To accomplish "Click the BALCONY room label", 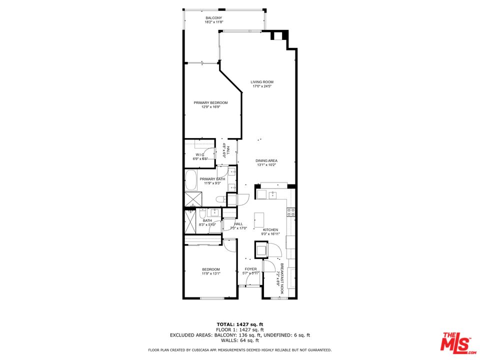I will coord(213,18).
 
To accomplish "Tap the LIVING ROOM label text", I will coord(262,82).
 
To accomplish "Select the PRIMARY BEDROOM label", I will coord(210,103).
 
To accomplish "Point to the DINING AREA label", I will coord(266,160).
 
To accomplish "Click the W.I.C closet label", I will coord(200,154).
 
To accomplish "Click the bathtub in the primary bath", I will coord(191,180).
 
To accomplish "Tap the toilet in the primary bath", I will coord(218,199).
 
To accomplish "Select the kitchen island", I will coord(258,219).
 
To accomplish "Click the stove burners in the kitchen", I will coord(290,212).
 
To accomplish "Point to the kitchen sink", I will coord(273,194).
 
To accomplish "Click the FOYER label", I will coord(250,269).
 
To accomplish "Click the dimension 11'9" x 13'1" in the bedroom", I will coord(210,274).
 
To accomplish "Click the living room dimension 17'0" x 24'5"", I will coord(262,86).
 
